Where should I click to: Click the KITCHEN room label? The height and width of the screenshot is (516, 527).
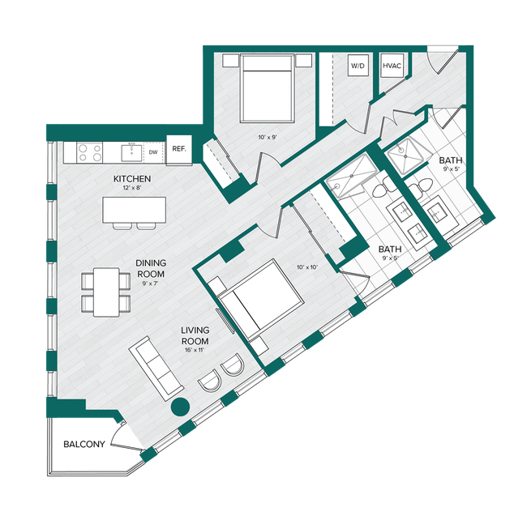131,178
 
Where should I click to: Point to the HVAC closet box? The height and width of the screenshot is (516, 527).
392,65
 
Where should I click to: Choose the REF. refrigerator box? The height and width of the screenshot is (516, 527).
178,149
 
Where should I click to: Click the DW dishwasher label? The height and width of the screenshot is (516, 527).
152,151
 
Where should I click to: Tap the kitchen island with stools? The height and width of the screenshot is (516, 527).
131,210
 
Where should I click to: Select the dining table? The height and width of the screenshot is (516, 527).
106,292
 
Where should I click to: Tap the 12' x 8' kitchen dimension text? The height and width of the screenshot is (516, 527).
131,189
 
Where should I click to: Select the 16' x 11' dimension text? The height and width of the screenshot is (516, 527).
196,352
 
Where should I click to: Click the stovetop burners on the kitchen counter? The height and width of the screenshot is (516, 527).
88,151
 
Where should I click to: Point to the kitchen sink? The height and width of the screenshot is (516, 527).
129,151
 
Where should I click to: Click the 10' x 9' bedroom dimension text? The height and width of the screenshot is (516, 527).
267,138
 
